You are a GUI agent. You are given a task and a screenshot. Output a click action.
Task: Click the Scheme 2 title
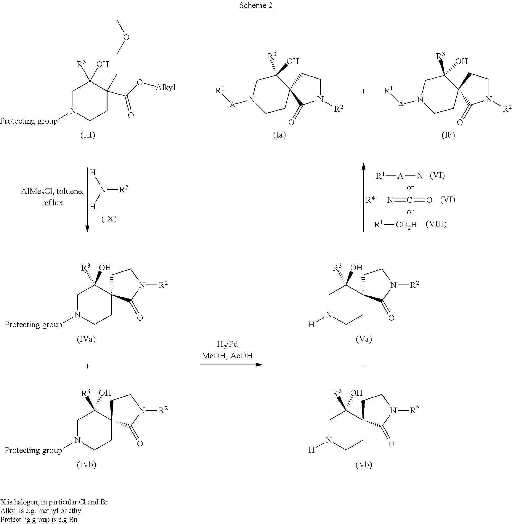tap(256, 6)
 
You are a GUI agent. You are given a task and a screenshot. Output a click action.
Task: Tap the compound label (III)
tap(88, 135)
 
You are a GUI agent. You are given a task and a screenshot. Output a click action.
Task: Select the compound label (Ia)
tap(279, 135)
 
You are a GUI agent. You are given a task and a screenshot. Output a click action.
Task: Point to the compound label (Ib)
tap(448, 135)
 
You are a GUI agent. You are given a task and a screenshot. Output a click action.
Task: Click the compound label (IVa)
tap(86, 339)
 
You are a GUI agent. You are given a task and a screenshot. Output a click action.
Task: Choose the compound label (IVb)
tap(86, 465)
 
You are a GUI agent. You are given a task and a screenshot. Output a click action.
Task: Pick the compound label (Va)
tap(364, 339)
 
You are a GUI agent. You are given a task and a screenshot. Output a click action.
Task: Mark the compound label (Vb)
tap(364, 465)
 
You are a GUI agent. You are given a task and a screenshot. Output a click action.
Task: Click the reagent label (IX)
tap(109, 219)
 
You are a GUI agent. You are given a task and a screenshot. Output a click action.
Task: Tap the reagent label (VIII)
tap(436, 224)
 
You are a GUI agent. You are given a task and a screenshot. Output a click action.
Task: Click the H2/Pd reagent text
tap(227, 344)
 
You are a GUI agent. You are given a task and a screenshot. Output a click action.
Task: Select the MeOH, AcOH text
tap(227, 355)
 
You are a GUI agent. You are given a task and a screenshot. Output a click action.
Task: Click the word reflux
tap(52, 203)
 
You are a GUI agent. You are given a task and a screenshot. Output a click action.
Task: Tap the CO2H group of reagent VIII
tap(406, 225)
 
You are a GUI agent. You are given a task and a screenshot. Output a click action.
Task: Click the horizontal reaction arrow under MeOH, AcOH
tap(231, 365)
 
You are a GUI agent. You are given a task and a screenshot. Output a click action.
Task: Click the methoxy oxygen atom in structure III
tap(126, 37)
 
